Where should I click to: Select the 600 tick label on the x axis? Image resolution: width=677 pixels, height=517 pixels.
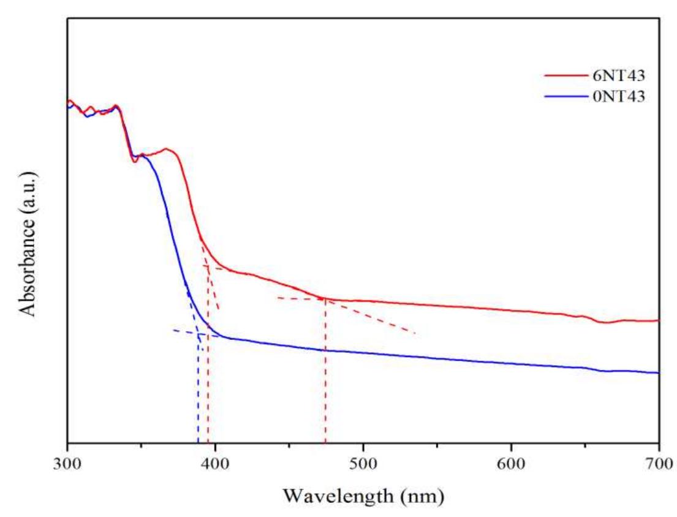[511, 461]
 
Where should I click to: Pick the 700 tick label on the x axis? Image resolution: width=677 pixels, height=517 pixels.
[659, 461]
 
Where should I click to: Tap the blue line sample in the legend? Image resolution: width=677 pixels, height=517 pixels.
[564, 96]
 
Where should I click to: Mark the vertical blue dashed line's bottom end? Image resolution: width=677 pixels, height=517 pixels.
[198, 440]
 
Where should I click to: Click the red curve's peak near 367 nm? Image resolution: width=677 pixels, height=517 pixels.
[165, 149]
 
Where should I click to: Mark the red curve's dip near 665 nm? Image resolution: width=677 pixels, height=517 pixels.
[605, 322]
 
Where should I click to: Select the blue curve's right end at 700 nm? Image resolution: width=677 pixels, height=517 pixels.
[658, 372]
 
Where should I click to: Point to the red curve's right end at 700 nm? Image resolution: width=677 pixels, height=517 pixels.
[658, 320]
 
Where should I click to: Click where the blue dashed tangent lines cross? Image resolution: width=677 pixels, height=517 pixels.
[199, 333]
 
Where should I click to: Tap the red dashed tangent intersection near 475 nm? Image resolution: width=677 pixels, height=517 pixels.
[324, 299]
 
